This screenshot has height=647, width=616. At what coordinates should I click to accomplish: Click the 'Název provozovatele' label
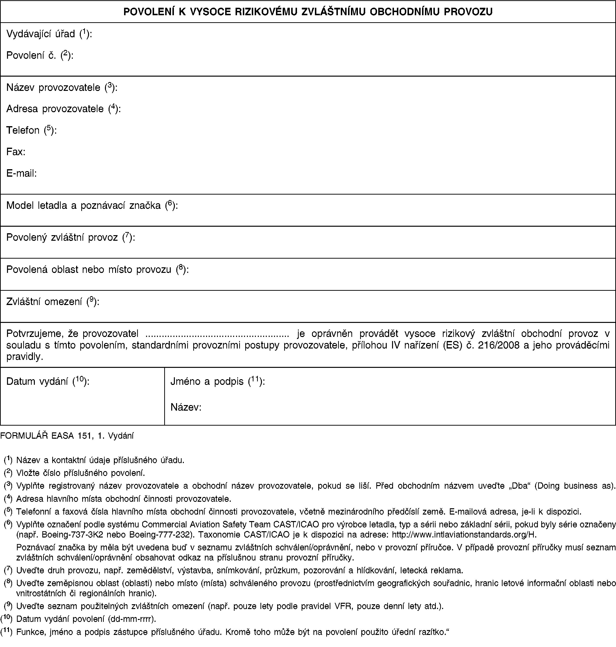pos(53,87)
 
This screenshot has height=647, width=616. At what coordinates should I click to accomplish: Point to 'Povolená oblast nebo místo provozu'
pos(89,269)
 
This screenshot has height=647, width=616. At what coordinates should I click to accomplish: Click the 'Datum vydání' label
pos(38,381)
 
